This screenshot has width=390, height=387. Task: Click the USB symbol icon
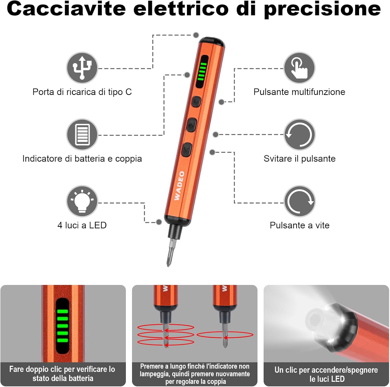pos(82,68)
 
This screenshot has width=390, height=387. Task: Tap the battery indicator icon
pos(82,134)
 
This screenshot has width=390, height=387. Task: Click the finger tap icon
pos(299,68)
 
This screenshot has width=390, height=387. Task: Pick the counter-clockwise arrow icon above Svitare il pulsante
pos(299,134)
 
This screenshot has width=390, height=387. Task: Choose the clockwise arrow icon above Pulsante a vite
pos(299,201)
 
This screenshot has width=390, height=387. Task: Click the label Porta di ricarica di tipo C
pos(82,92)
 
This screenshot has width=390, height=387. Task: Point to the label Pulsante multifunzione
pos(299,92)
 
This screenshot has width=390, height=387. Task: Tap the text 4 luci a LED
pos(82,225)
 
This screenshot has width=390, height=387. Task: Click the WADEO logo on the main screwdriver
pos(179,186)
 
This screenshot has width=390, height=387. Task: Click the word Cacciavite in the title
pos(66,9)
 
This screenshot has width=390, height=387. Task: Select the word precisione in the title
pos(322,9)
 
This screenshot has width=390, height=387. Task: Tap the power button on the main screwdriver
pos(196,101)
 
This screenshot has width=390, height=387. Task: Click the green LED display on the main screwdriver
pos(202,71)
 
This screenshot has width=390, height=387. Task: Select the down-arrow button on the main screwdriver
pos(187,150)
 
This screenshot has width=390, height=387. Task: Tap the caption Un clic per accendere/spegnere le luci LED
pos(326,374)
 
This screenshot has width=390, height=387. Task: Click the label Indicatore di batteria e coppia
pos(82,159)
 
